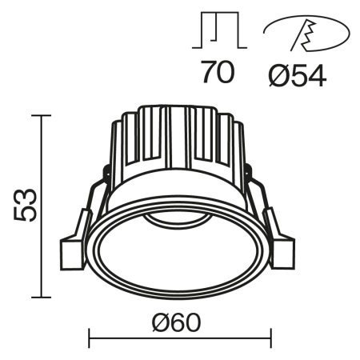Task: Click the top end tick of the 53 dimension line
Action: [41, 116]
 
